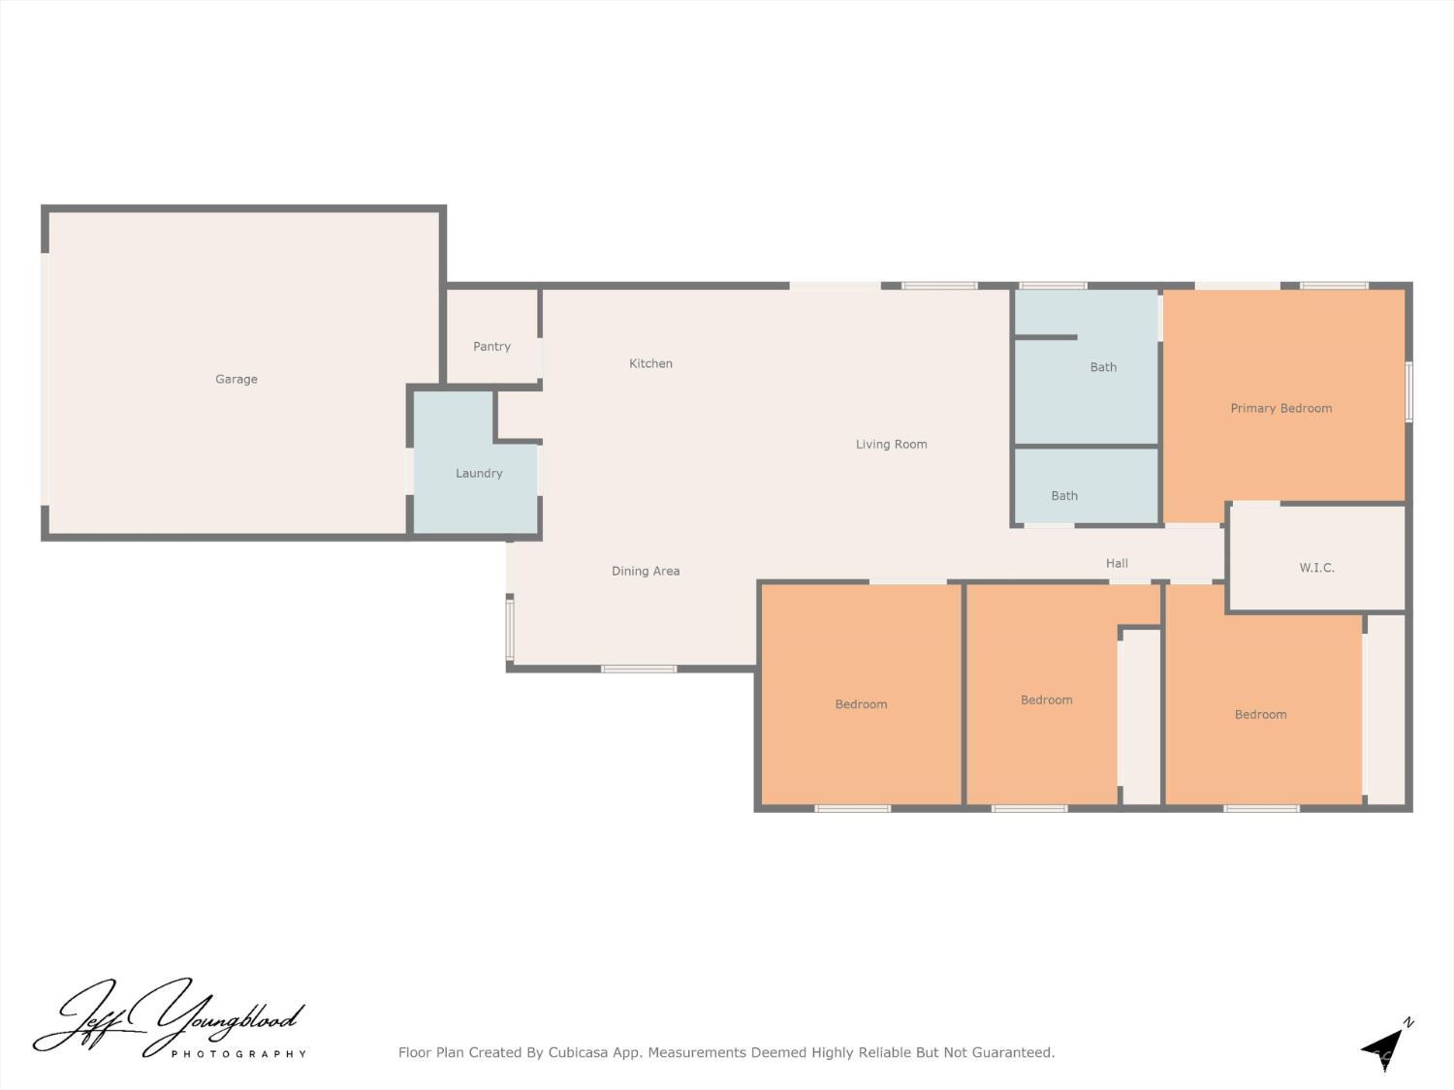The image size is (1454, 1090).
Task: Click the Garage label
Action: pyautogui.click(x=237, y=379)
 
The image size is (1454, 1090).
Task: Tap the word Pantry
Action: pyautogui.click(x=491, y=346)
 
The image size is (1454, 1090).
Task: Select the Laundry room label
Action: pyautogui.click(x=479, y=473)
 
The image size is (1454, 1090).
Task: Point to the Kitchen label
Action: pyautogui.click(x=650, y=363)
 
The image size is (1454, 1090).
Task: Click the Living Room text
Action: pyautogui.click(x=891, y=444)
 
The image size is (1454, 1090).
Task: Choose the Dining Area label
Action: pyautogui.click(x=646, y=571)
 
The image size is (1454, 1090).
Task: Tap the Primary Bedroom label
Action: pyautogui.click(x=1280, y=408)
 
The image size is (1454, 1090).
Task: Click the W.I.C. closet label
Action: pyautogui.click(x=1316, y=567)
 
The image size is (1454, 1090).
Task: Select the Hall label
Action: pyautogui.click(x=1117, y=563)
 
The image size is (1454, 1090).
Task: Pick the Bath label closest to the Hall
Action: pyautogui.click(x=1064, y=495)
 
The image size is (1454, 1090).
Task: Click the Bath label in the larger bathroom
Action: pyautogui.click(x=1103, y=366)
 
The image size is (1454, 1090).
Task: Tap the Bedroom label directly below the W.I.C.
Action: pyautogui.click(x=1260, y=714)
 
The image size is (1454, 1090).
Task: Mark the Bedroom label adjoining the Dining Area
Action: pyautogui.click(x=861, y=703)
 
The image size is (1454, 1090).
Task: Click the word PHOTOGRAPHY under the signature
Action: pyautogui.click(x=238, y=1053)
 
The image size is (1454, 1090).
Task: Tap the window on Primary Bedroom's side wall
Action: pyautogui.click(x=1408, y=391)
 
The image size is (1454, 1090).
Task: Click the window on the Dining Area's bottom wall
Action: pyautogui.click(x=639, y=669)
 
